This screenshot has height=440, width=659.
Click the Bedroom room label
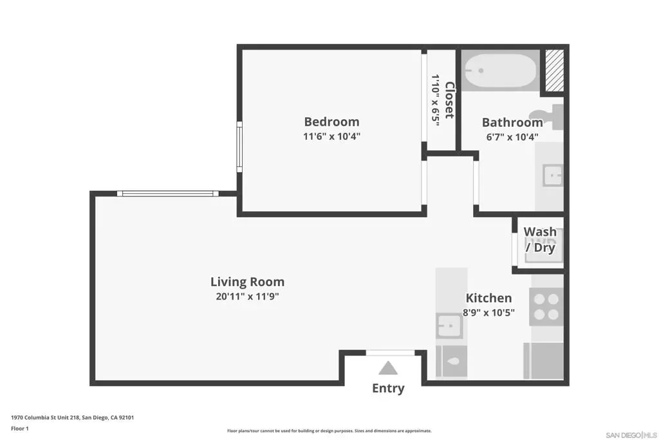pos(331,122)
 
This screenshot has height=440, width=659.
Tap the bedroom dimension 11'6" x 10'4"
pos(331,137)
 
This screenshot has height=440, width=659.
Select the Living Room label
pos(247,282)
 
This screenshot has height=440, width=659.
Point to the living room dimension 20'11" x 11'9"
pos(247,296)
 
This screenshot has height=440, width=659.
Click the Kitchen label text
pos(489,298)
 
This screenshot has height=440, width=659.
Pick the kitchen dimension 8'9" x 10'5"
pos(489,312)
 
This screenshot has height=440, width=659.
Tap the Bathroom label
pos(512,122)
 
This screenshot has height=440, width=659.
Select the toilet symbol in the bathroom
pos(547,117)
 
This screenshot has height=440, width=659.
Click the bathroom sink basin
pos(552,175)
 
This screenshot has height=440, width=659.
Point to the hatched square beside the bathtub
pos(554,70)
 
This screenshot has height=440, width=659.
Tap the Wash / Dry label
pos(540,240)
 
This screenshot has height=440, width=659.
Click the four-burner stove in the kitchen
pos(546,307)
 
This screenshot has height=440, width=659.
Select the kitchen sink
pos(449,326)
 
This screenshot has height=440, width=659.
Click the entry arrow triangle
pos(388,368)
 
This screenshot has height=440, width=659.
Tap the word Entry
pos(388,388)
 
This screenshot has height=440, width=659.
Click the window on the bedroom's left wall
pos(239,147)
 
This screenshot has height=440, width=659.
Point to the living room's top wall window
pos(168,193)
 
